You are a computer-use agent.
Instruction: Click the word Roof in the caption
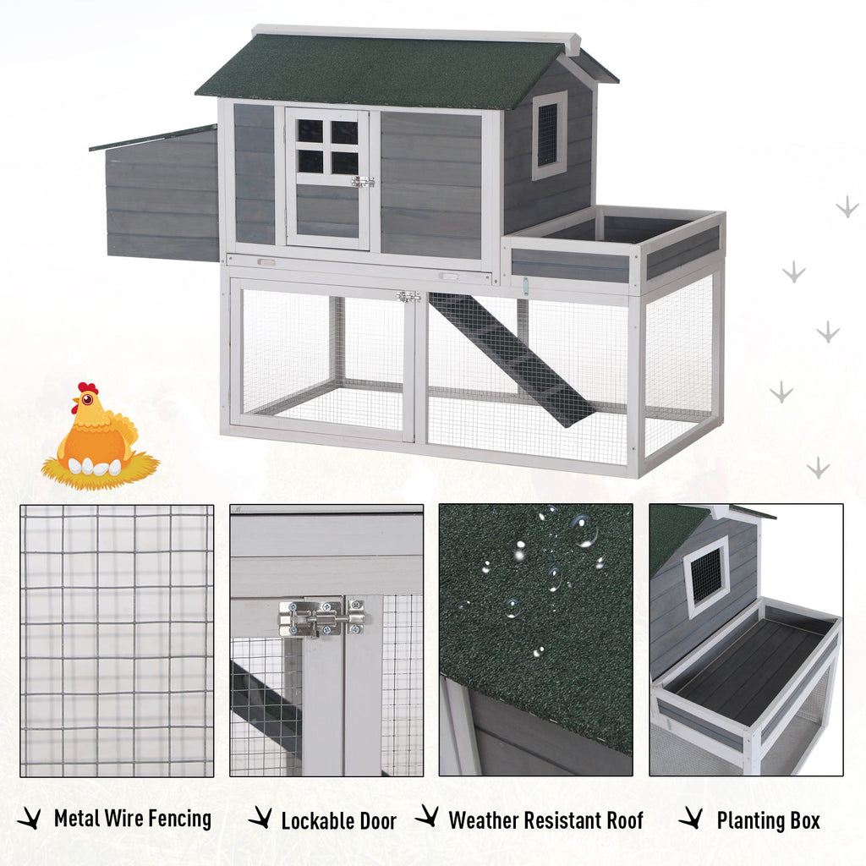tap(625, 820)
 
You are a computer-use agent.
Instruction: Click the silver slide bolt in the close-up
tap(321, 617)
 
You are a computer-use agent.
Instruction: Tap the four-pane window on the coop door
tap(327, 146)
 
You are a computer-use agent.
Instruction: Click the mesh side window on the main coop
tap(548, 135)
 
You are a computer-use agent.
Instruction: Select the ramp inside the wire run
tap(512, 359)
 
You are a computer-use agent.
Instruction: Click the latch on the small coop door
tap(363, 181)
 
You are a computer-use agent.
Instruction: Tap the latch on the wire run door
tap(408, 297)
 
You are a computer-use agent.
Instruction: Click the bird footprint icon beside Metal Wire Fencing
tap(30, 819)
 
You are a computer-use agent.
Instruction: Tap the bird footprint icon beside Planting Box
tap(691, 818)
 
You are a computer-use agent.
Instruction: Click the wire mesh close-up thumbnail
tap(117, 641)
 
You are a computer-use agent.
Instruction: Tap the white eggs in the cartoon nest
tap(94, 467)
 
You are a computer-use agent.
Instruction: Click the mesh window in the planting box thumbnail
tap(707, 576)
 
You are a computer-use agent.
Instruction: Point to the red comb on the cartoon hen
tap(88, 387)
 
